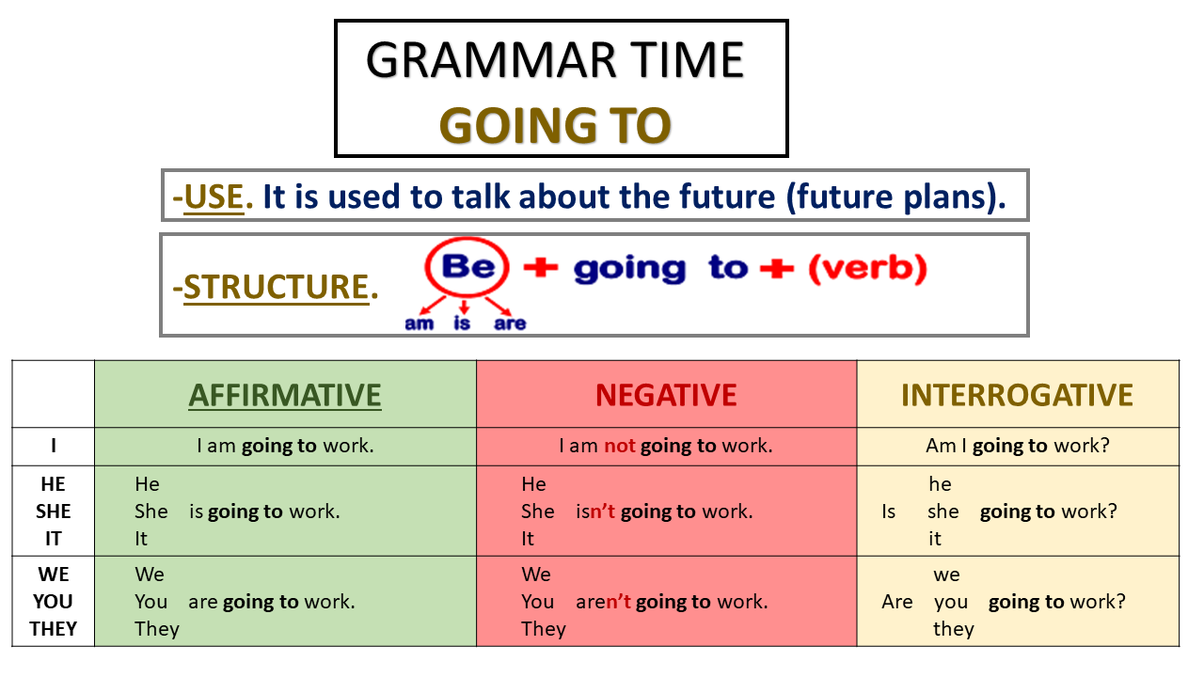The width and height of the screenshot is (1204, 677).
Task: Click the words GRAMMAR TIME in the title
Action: click(x=555, y=60)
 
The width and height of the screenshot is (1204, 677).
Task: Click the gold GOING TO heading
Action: click(x=555, y=125)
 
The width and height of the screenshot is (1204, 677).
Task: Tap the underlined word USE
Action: click(x=214, y=197)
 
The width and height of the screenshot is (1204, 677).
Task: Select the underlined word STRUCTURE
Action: click(x=276, y=287)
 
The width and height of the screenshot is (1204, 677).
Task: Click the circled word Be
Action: click(x=467, y=268)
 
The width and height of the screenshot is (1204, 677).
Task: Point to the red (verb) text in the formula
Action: click(x=867, y=269)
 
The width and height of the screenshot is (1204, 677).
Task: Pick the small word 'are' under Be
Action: click(x=509, y=323)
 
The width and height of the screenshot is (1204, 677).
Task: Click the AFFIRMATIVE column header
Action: click(x=285, y=395)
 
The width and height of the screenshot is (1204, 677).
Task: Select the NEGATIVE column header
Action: click(x=666, y=395)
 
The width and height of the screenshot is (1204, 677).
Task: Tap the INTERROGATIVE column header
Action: click(x=1017, y=395)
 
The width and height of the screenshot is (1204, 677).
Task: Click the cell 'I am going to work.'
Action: click(x=285, y=447)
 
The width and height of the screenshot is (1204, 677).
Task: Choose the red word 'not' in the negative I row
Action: click(x=620, y=447)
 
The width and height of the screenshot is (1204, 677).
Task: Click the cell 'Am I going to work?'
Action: click(x=1017, y=447)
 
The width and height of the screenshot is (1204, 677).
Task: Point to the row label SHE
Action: click(x=54, y=512)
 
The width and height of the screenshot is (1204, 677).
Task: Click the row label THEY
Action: click(x=54, y=629)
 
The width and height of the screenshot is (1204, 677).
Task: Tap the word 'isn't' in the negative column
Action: click(x=595, y=512)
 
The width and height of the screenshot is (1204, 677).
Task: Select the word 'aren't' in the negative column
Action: click(x=603, y=602)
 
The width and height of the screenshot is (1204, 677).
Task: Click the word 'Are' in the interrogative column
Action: click(x=896, y=602)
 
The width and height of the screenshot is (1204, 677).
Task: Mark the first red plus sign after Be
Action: click(x=540, y=268)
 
